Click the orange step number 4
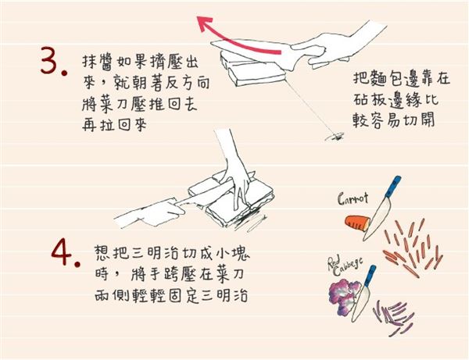(x=63, y=251)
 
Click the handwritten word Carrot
(x=353, y=199)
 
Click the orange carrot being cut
(x=358, y=223)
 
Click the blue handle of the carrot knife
(x=395, y=187)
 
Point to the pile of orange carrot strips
(x=410, y=241)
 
